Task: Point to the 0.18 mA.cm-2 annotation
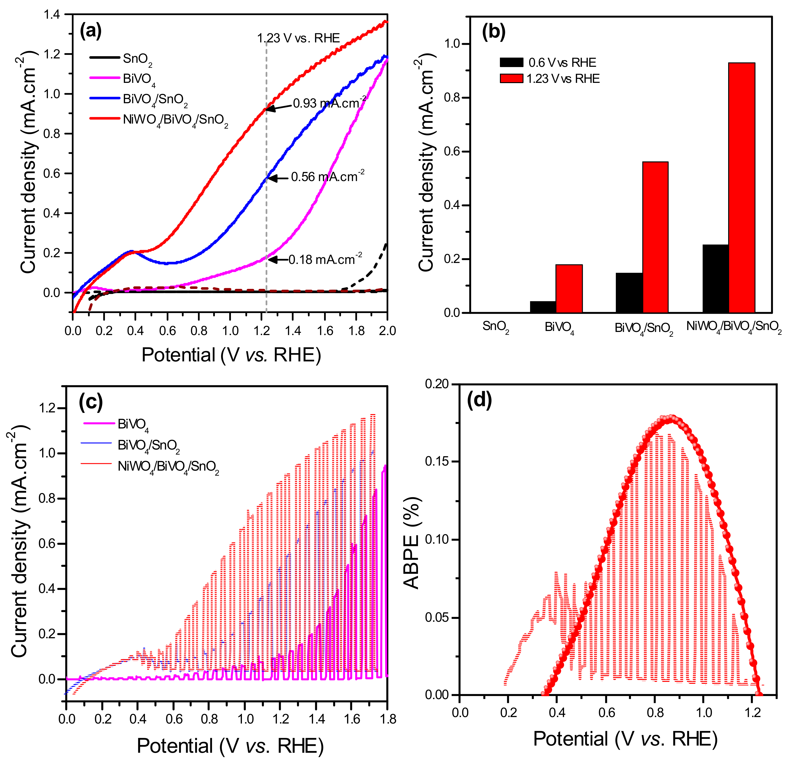tap(325, 260)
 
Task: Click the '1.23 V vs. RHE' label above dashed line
tap(298, 38)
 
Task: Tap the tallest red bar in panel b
tap(742, 188)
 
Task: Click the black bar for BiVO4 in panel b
tap(543, 307)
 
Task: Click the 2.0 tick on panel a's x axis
tap(387, 331)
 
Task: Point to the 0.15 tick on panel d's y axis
tap(436, 461)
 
